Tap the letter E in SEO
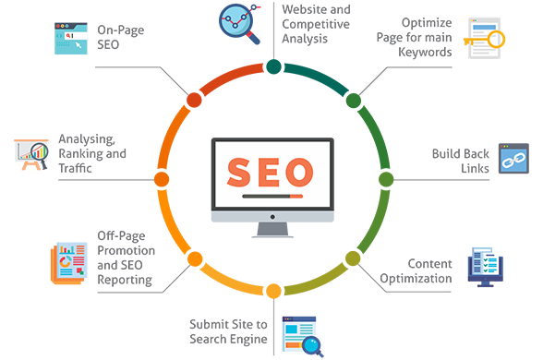[x=270, y=172]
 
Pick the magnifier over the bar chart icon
[x=39, y=152]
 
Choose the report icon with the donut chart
[x=69, y=260]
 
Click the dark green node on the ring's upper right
[x=352, y=99]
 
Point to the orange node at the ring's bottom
[x=271, y=294]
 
